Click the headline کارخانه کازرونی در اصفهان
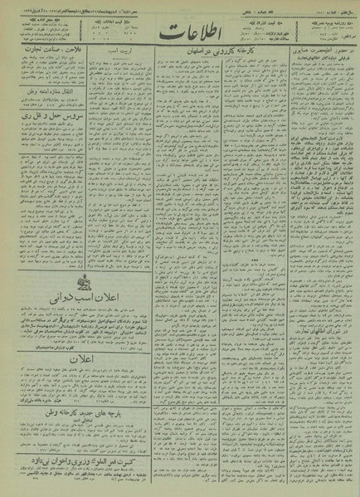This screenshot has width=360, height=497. [x=211, y=64]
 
